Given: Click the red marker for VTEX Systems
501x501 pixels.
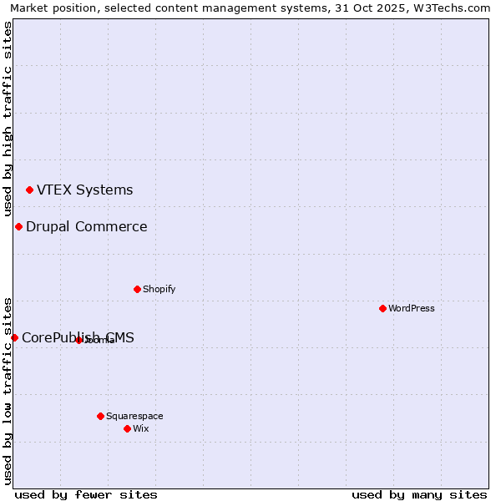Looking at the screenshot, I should [x=29, y=190].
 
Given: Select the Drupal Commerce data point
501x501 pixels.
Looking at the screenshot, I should [x=18, y=227].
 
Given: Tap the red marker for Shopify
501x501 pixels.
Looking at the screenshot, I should [x=137, y=290].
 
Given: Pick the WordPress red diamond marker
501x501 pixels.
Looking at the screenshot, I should [x=382, y=309].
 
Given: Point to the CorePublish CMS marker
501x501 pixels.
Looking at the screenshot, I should [x=14, y=337].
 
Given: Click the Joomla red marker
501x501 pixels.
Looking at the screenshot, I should [x=78, y=340].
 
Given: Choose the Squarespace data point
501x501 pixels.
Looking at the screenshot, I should [x=100, y=416].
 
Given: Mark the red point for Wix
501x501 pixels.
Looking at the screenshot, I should [x=127, y=428].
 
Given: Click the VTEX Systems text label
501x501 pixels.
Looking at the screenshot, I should [x=84, y=190].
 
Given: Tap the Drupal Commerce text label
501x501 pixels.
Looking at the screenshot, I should [x=86, y=227].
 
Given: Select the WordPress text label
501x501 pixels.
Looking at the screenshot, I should [x=412, y=309].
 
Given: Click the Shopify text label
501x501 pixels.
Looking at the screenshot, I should [x=159, y=290].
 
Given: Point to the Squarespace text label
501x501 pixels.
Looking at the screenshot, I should [x=134, y=416].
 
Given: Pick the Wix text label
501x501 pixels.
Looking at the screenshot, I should [x=140, y=428].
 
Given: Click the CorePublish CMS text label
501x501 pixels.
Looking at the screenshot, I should [x=78, y=337].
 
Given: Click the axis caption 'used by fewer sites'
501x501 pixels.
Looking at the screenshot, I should [x=86, y=494].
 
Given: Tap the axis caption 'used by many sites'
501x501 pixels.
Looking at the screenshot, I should [x=419, y=494].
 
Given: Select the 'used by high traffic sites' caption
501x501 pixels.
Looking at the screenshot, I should [x=8, y=119].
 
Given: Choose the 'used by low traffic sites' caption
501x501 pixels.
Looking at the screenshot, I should [x=8, y=390].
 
